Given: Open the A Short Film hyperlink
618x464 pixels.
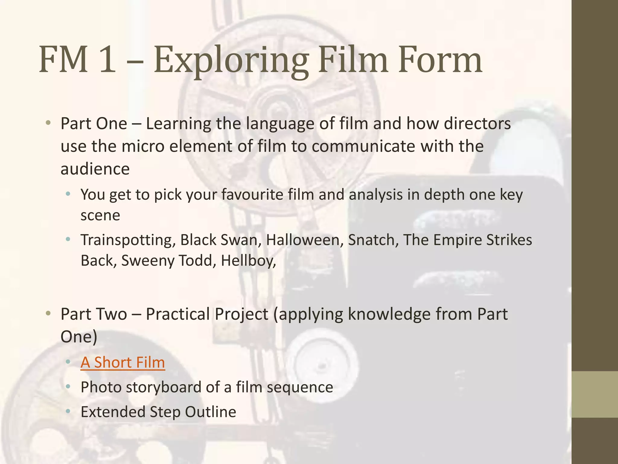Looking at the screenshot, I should pyautogui.click(x=123, y=362).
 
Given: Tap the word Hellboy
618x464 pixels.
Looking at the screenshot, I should pyautogui.click(x=248, y=261).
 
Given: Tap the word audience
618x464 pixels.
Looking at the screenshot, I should pyautogui.click(x=95, y=169).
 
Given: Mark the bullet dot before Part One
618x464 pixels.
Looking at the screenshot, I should pyautogui.click(x=48, y=123).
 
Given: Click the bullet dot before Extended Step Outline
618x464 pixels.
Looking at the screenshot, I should pyautogui.click(x=68, y=411).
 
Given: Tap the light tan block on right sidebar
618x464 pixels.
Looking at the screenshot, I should pyautogui.click(x=595, y=394).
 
